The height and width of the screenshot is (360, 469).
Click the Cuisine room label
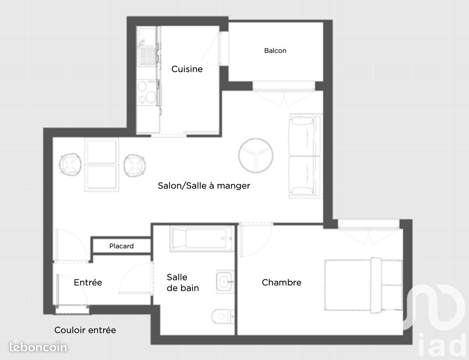(x=187, y=69)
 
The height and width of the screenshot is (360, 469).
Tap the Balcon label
(x=275, y=50)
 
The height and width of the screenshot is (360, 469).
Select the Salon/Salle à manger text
(x=204, y=185)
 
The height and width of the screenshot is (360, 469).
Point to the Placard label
(x=121, y=246)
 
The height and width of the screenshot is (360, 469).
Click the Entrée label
(x=88, y=282)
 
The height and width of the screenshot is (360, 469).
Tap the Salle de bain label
(x=183, y=283)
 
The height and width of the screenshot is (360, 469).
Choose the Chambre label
(x=281, y=282)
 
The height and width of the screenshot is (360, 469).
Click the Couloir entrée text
(x=85, y=330)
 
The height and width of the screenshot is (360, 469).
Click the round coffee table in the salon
(x=256, y=155)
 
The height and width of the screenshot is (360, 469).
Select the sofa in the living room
(x=305, y=156)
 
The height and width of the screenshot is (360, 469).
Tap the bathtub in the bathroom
(x=202, y=239)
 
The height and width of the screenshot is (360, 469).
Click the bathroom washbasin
(x=225, y=282)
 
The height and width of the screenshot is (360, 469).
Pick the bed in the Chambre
(x=364, y=285)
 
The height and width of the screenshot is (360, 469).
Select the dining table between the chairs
(x=102, y=164)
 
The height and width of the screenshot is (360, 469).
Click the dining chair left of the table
(x=70, y=164)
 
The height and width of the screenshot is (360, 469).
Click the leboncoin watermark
(x=38, y=347)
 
